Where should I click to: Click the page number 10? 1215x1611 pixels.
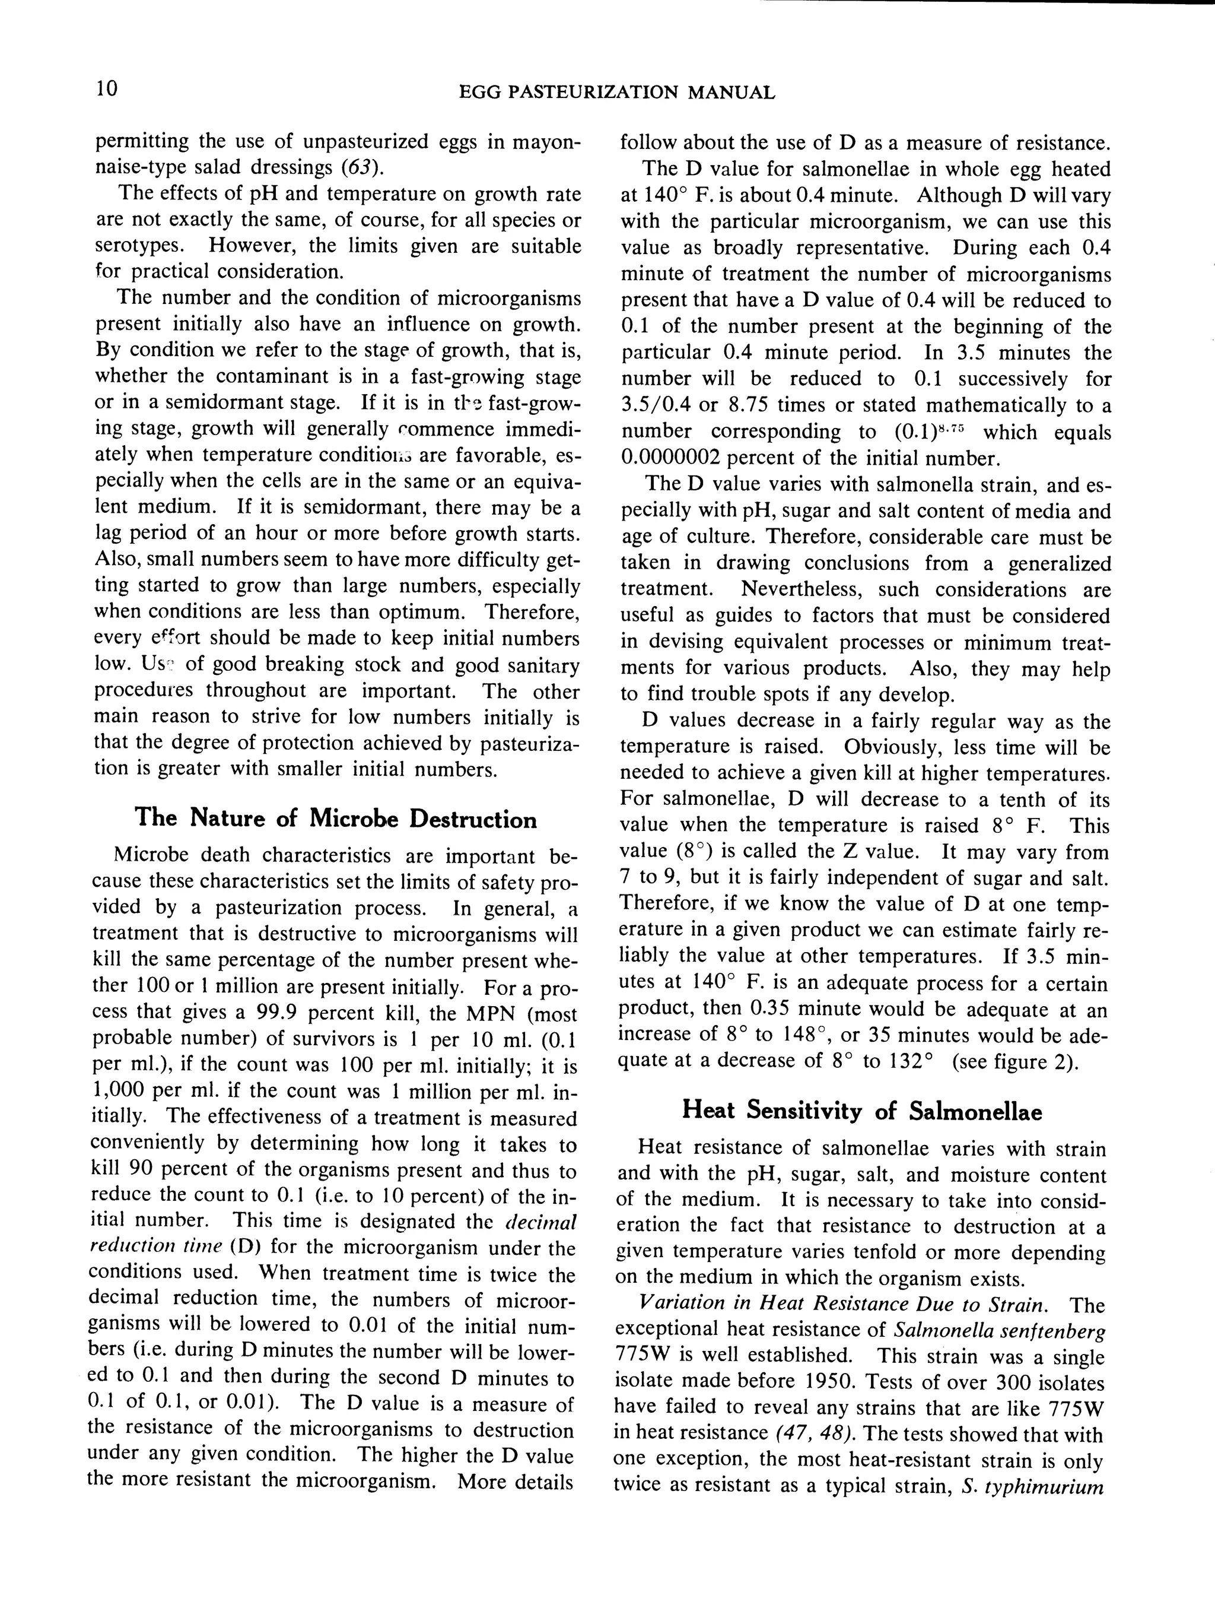[106, 90]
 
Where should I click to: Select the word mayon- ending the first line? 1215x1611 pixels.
[541, 142]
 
